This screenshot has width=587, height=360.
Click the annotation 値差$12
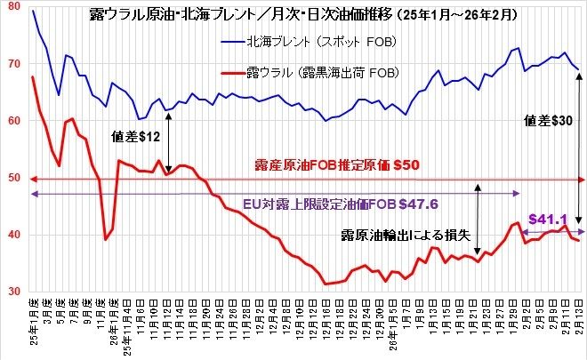(134, 138)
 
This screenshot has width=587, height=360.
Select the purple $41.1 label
(545, 218)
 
